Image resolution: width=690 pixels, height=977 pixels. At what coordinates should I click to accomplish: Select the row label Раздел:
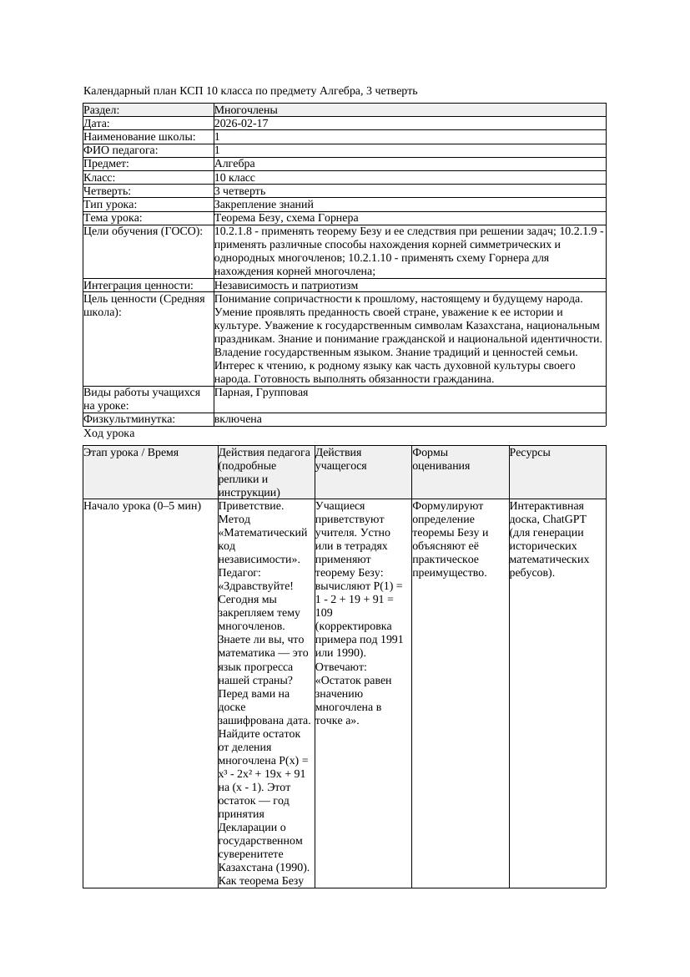(x=102, y=110)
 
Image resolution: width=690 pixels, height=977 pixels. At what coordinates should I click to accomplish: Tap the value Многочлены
(x=245, y=110)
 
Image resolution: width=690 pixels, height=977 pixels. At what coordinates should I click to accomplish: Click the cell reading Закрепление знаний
(x=264, y=205)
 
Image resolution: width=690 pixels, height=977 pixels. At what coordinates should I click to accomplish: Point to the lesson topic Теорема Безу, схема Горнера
(x=285, y=218)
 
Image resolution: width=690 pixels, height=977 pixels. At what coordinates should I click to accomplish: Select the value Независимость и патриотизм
(x=285, y=286)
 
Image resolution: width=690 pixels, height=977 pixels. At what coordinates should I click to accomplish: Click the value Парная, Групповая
(x=261, y=392)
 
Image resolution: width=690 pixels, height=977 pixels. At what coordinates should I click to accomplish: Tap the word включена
(x=238, y=419)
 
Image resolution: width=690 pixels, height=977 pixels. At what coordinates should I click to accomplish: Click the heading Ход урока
(x=108, y=434)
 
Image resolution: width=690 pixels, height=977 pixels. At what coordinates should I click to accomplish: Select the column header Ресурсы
(x=530, y=453)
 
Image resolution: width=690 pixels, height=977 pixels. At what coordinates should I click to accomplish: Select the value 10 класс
(x=234, y=178)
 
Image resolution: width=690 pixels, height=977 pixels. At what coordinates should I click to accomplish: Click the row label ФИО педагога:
(x=121, y=150)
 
